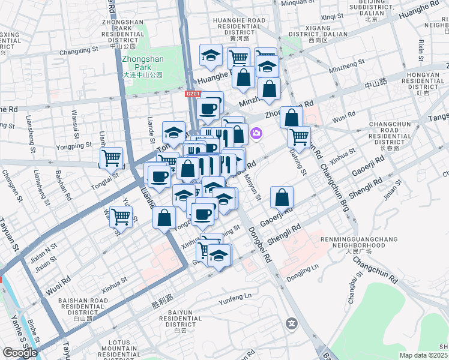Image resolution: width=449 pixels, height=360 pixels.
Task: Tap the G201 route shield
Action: click(193, 94)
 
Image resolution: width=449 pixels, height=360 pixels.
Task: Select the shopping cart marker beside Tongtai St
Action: click(111, 158)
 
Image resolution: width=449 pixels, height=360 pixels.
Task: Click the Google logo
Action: click(20, 353)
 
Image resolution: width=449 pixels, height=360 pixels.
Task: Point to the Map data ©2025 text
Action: click(423, 355)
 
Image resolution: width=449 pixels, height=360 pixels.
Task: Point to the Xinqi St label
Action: click(331, 17)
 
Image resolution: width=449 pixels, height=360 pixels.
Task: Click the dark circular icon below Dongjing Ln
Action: click(292, 323)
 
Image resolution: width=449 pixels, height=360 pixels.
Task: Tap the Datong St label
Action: click(300, 163)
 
